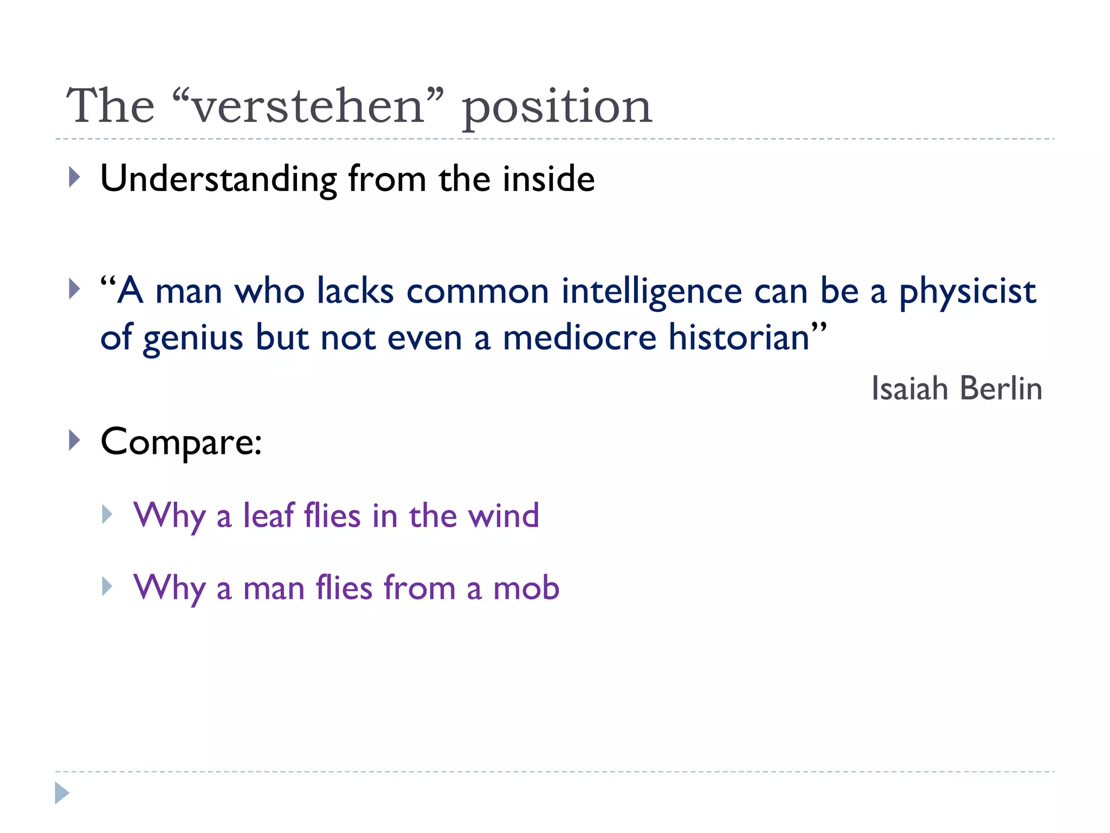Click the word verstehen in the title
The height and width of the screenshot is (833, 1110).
click(x=307, y=106)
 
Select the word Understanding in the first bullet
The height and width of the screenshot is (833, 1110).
click(x=218, y=180)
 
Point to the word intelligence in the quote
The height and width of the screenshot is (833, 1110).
click(x=651, y=292)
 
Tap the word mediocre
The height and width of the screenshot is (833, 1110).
click(x=580, y=337)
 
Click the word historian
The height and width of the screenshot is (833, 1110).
click(x=739, y=337)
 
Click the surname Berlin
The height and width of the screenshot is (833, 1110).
click(x=1001, y=388)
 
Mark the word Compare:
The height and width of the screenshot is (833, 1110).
click(x=182, y=443)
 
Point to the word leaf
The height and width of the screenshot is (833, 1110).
click(x=268, y=515)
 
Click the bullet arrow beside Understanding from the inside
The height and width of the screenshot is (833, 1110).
click(x=75, y=177)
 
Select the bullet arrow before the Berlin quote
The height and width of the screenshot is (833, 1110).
click(x=75, y=289)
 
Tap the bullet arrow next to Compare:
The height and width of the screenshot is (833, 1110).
click(x=75, y=440)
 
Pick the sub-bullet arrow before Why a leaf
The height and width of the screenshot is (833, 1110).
click(x=107, y=514)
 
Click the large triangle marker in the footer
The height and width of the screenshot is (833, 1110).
click(x=62, y=793)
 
